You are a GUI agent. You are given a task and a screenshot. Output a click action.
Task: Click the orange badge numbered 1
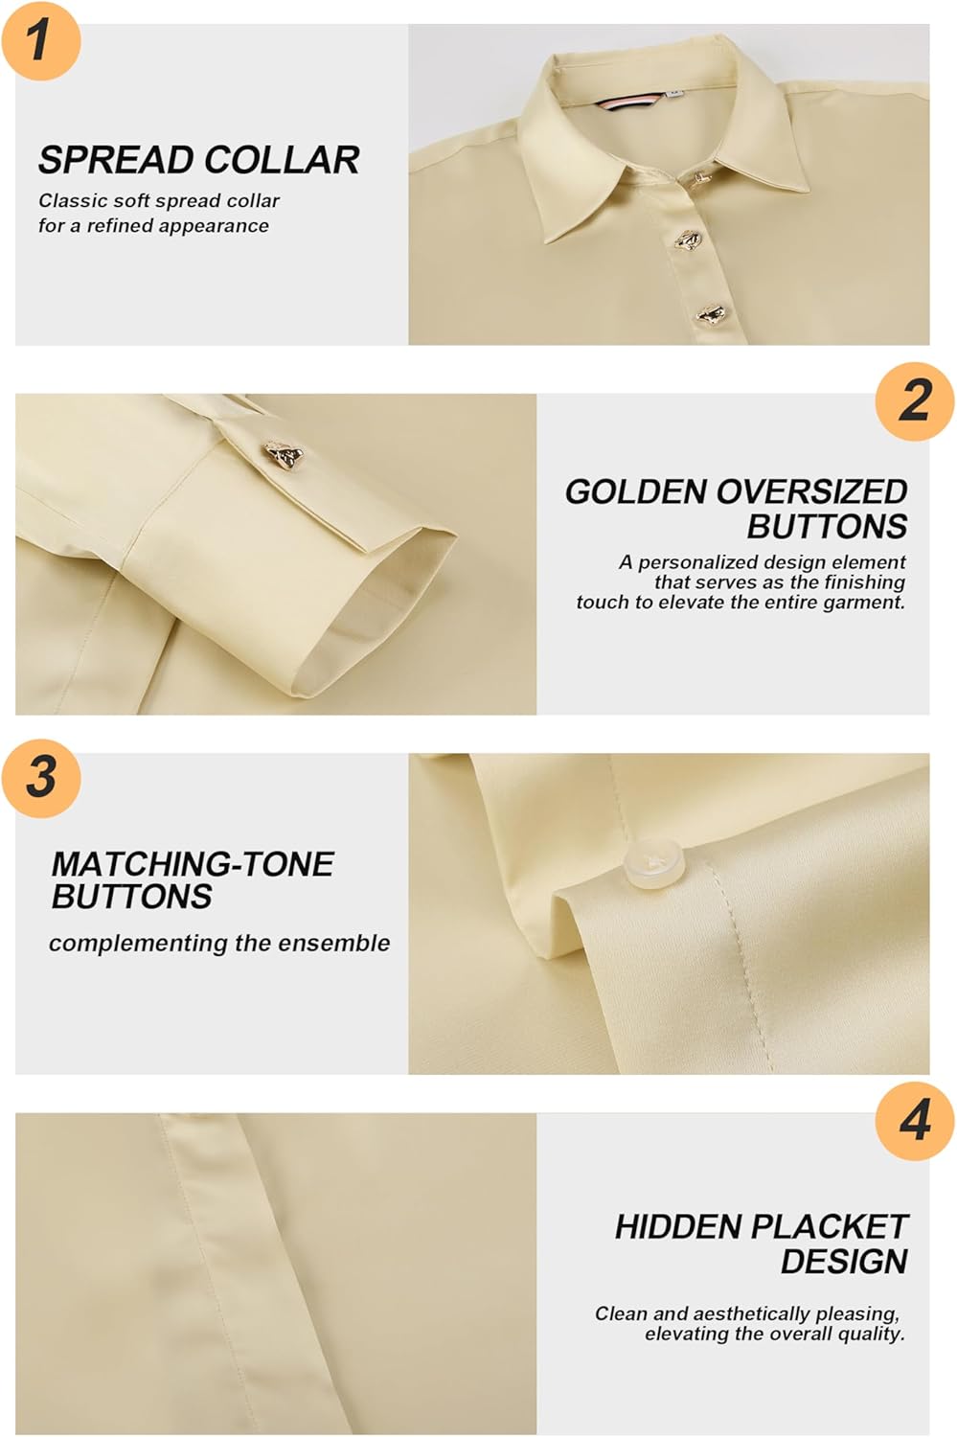40,40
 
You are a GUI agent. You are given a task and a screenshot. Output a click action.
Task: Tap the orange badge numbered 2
915,400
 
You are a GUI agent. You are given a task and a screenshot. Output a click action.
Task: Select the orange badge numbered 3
40,777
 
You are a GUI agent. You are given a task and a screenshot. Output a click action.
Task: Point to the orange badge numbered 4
915,1120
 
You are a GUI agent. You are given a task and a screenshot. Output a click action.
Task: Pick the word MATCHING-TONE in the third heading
192,864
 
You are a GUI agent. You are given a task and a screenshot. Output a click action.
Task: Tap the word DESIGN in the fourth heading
843,1261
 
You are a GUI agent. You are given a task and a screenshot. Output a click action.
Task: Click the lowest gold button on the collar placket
710,313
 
